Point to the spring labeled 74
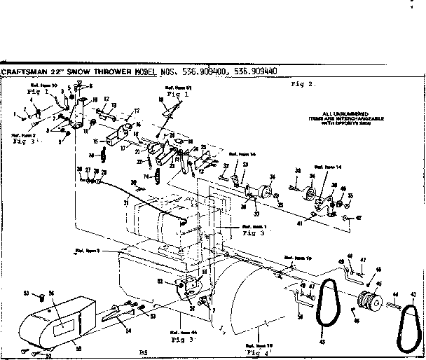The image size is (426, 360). [158, 177]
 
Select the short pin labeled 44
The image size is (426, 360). [395, 304]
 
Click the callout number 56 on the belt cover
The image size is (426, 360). [50, 294]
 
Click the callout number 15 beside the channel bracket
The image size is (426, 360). [106, 141]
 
